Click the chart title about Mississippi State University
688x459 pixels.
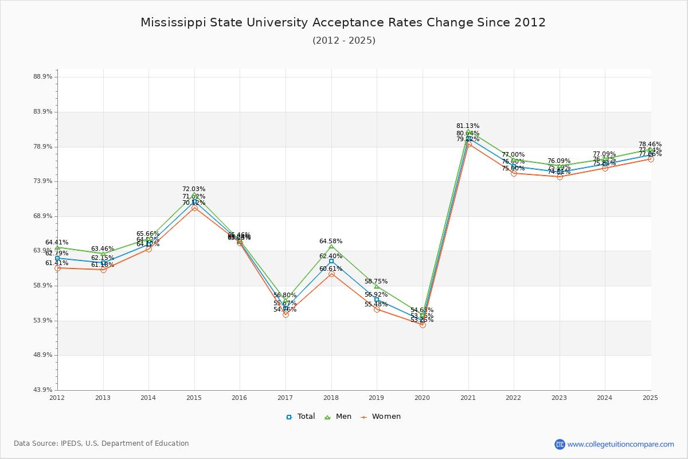[x=343, y=23]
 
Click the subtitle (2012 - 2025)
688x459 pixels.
[x=344, y=41]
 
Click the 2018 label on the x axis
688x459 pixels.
[x=331, y=398]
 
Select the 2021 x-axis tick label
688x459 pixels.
[x=468, y=398]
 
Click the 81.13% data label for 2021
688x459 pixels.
[x=468, y=126]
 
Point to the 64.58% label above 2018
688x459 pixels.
[x=331, y=242]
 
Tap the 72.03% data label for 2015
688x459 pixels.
[x=194, y=189]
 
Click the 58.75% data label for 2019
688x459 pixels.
[x=376, y=282]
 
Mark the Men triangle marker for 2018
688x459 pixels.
[x=331, y=247]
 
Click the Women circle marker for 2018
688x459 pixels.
[x=331, y=274]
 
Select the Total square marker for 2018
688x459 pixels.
[x=331, y=261]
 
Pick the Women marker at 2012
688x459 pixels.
[x=57, y=268]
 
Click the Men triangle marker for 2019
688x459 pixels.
[x=377, y=286]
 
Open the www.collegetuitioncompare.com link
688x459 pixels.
[x=620, y=444]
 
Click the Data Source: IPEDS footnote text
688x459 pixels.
[x=101, y=444]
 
